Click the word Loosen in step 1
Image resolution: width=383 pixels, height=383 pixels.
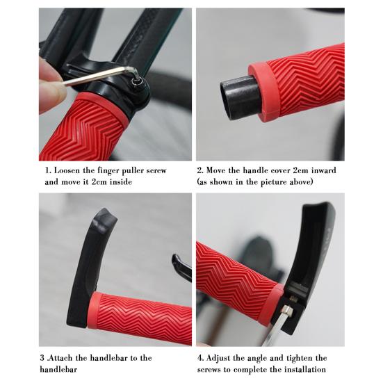pos(67,170)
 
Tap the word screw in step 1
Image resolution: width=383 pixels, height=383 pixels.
pos(156,170)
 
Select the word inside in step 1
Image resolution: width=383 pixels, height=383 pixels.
pos(121,181)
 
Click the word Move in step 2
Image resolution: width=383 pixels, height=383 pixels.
pos(215,170)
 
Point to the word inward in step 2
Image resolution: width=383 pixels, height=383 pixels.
pos(324,170)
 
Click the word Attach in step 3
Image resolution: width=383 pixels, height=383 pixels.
pos(60,358)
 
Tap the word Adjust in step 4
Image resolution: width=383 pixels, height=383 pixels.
pos(218,359)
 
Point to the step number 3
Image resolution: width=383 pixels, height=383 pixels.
pos(42,358)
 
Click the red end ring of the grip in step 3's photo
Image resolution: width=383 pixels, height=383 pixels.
pos(93,310)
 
